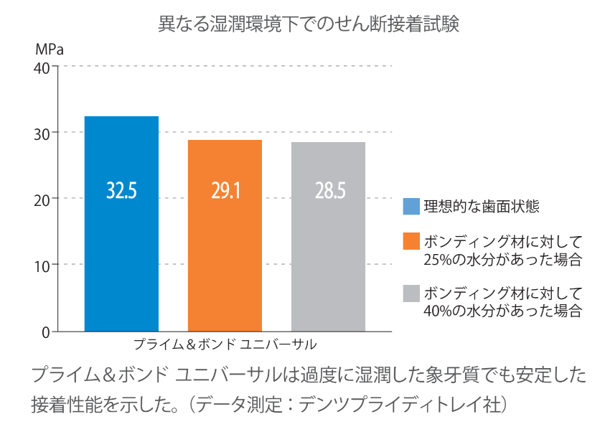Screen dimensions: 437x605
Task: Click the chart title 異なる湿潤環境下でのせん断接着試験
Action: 308,24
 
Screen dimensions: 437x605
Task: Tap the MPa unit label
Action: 49,50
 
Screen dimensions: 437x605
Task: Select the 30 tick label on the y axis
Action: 41,133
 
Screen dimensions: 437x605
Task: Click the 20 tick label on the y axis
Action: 41,199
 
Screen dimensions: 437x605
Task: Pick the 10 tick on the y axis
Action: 41,265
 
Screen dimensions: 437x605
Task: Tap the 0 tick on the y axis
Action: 45,332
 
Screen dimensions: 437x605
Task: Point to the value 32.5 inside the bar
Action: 121,190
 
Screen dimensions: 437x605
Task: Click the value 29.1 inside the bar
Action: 225,190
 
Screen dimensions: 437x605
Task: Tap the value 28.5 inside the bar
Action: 329,190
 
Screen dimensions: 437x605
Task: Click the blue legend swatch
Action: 411,207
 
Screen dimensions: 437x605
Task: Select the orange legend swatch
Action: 411,241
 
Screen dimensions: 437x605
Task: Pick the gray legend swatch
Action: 411,293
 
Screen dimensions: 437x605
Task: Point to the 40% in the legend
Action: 440,311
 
